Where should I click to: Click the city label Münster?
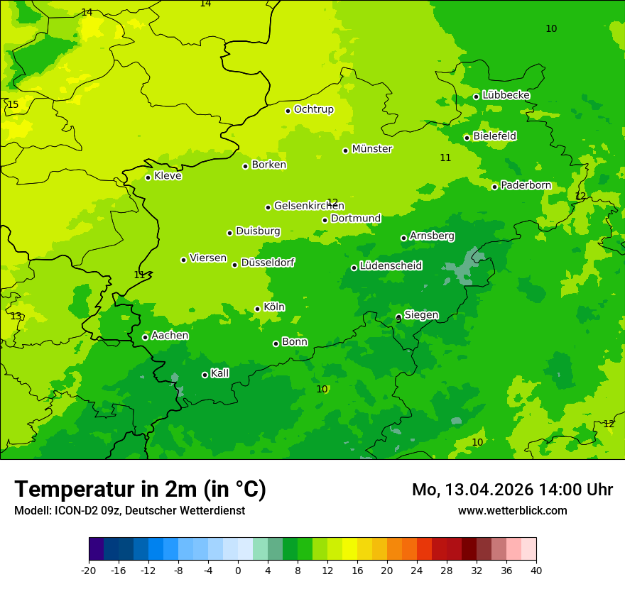[x=372, y=149]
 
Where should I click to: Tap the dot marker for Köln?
[x=257, y=309]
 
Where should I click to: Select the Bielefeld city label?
[x=494, y=136]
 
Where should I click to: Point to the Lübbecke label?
[x=506, y=95]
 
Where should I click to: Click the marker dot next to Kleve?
[x=148, y=177]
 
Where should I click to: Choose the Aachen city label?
[x=170, y=336]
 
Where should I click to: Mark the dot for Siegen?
[x=398, y=317]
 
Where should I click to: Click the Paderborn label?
[x=526, y=185]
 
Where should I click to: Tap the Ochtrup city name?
[x=313, y=109]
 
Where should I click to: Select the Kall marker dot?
[x=205, y=375]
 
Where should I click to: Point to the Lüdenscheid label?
[x=391, y=266]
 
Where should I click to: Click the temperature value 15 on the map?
[x=13, y=105]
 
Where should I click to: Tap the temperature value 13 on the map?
[x=16, y=316]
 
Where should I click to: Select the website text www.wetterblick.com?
[x=512, y=511]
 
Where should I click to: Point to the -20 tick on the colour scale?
[x=89, y=570]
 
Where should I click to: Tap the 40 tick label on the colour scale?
[x=536, y=570]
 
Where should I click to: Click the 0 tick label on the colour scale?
[x=238, y=570]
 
